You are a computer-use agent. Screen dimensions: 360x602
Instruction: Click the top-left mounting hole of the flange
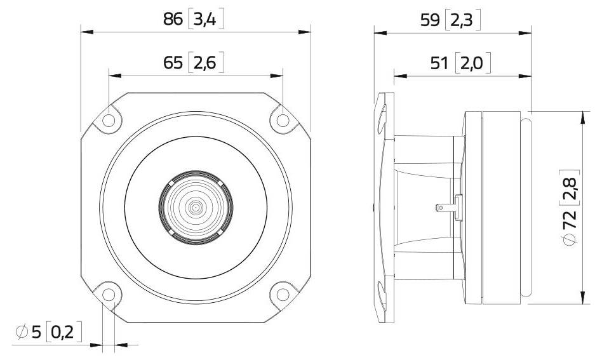pos(109,119)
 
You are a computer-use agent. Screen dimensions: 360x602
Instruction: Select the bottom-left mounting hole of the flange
pos(109,294)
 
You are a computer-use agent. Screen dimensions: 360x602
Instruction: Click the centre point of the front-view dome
pos(196,207)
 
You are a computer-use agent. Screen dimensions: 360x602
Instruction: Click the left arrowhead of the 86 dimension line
pos(85,31)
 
